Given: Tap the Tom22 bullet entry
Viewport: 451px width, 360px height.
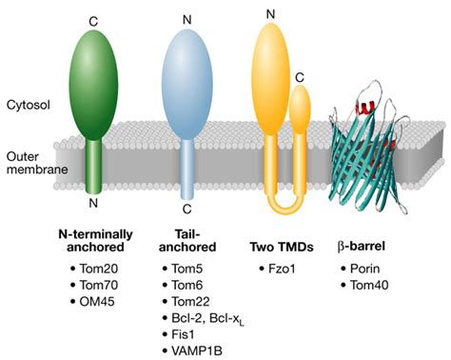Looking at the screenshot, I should [x=194, y=303].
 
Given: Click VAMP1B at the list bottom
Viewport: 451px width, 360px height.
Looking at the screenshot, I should [x=199, y=353].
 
